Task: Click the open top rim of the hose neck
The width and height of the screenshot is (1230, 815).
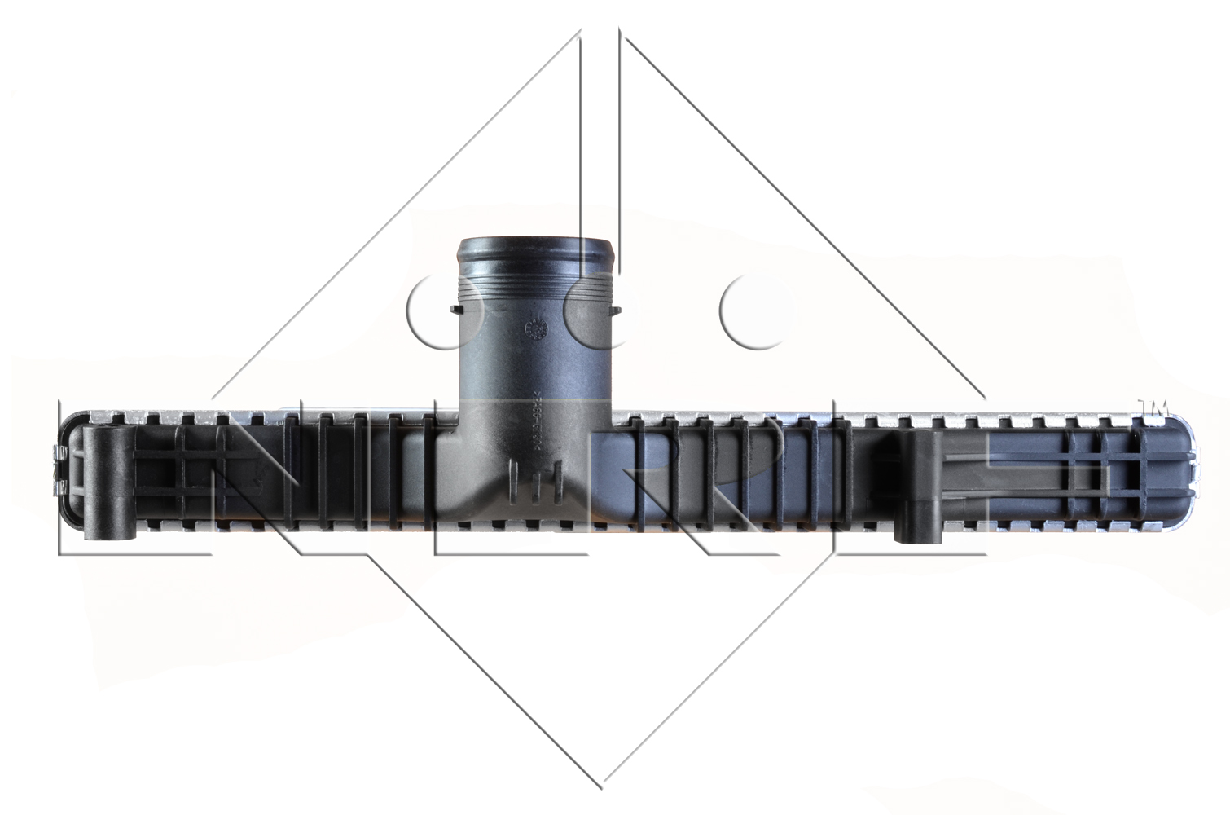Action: [x=535, y=244]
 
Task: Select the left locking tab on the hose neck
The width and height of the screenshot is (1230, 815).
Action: [x=452, y=311]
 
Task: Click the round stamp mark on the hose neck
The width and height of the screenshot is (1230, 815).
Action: [x=537, y=328]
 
